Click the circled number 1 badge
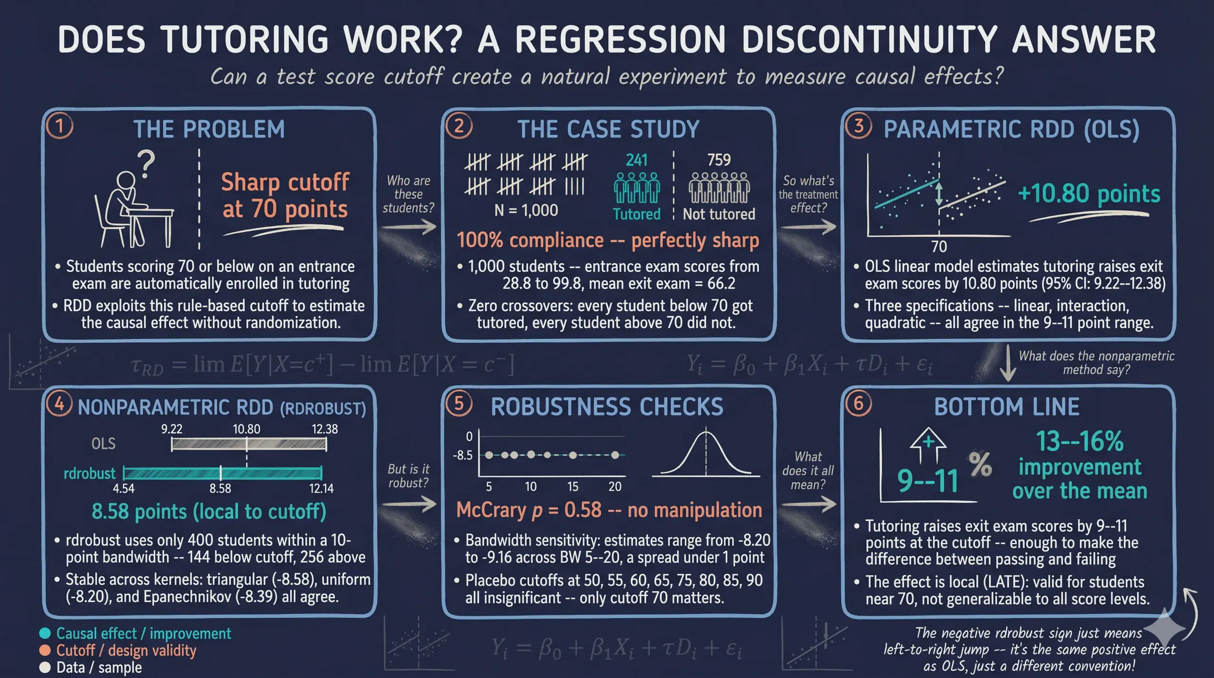click(60, 126)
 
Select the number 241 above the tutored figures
click(636, 160)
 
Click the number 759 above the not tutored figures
click(719, 160)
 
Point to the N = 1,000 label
click(526, 210)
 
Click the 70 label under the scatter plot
click(939, 247)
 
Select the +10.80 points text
click(1089, 194)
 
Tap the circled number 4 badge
click(59, 404)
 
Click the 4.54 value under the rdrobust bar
click(124, 488)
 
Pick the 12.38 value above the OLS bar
click(325, 429)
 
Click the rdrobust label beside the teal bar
click(90, 474)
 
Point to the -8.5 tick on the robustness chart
click(462, 455)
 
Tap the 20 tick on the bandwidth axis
click(615, 487)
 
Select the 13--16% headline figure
click(1080, 441)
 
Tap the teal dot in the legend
click(45, 633)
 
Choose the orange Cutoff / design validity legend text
click(126, 650)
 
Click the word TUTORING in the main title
click(244, 39)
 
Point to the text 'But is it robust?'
click(408, 476)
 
